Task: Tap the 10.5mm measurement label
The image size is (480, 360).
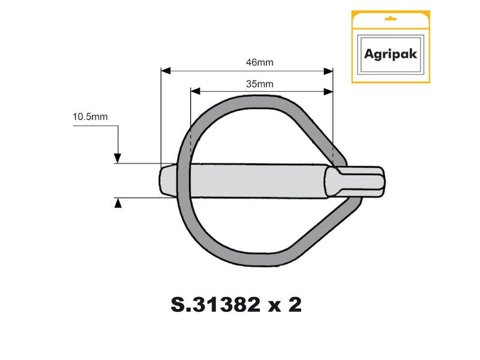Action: click(x=90, y=117)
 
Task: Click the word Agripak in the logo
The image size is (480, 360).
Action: click(x=390, y=53)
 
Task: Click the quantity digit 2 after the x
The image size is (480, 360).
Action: click(x=294, y=305)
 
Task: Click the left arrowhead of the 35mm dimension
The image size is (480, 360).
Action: click(x=194, y=92)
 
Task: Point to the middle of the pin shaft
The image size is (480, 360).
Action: click(x=258, y=179)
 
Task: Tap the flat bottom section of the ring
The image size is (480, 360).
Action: click(x=252, y=259)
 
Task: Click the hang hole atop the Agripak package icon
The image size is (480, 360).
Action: click(x=390, y=20)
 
